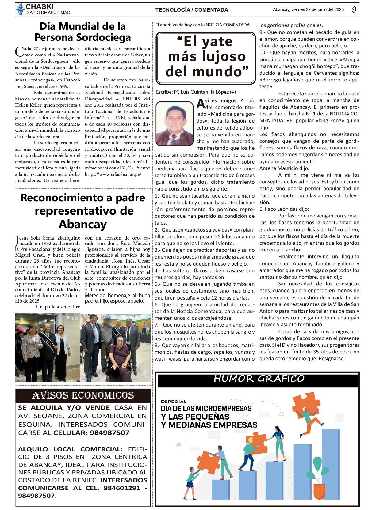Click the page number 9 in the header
354,9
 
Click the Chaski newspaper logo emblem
20,9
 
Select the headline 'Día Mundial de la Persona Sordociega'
82,32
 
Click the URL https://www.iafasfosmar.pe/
113,174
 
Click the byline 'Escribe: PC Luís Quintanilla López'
196,92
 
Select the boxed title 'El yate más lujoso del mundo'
206,57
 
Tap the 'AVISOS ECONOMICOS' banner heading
83,395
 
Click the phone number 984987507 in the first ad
109,433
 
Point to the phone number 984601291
122,488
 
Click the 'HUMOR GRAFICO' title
259,379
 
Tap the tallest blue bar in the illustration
330,466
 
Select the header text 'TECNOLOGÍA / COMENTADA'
191,10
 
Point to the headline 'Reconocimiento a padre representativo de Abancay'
82,211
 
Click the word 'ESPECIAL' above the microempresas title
174,401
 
